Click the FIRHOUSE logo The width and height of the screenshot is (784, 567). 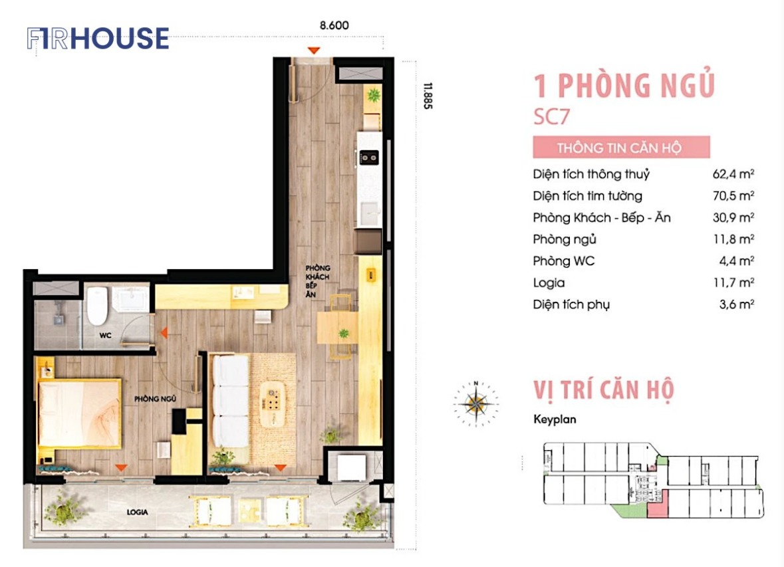click(x=98, y=39)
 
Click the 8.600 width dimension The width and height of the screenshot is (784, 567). click(x=334, y=25)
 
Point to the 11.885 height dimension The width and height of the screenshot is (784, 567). click(x=428, y=96)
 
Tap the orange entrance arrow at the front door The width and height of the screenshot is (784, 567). click(x=313, y=51)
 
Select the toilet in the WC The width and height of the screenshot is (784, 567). click(x=97, y=305)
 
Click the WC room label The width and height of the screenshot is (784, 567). click(x=105, y=335)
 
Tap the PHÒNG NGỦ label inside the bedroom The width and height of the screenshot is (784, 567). click(x=155, y=399)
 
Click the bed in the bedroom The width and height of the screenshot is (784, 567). click(x=80, y=413)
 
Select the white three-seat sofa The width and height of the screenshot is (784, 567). click(x=231, y=401)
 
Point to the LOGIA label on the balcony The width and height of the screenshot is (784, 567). click(x=137, y=512)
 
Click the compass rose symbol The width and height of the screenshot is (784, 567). click(x=476, y=404)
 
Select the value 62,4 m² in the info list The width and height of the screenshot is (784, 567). click(x=733, y=174)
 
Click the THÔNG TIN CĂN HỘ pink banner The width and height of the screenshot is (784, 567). click(x=621, y=148)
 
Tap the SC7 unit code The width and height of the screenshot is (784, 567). click(x=551, y=117)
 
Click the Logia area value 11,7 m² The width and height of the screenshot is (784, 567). click(x=733, y=283)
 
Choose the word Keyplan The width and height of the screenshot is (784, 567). click(x=555, y=419)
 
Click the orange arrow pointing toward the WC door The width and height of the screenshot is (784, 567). click(x=164, y=332)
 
